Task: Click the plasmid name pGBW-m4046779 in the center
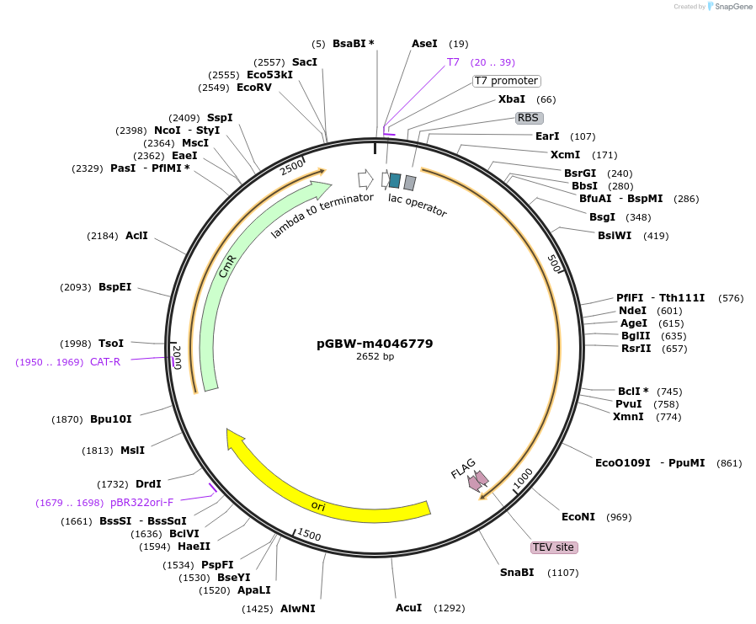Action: click(375, 344)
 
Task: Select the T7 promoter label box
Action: click(506, 81)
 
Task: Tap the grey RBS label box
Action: click(529, 118)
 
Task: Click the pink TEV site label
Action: click(553, 547)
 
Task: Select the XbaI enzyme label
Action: click(512, 99)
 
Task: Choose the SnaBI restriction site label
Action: click(517, 573)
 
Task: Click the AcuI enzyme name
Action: click(409, 608)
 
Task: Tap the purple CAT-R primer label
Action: click(105, 361)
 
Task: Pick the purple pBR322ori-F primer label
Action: click(141, 503)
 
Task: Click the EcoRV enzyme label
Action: click(254, 88)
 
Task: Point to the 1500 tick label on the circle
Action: click(309, 534)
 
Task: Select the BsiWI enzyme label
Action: click(615, 235)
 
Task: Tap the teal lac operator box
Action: click(395, 180)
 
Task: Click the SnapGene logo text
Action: click(733, 6)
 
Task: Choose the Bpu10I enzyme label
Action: click(111, 419)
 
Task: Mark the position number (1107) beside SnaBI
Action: click(562, 573)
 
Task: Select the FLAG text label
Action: click(463, 469)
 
